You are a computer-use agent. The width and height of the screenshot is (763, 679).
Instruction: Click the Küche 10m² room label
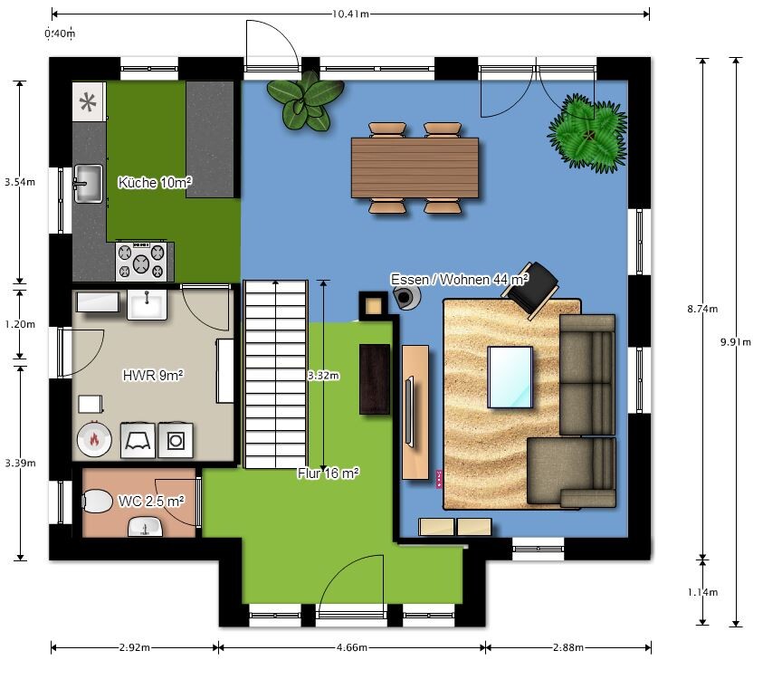click(x=155, y=183)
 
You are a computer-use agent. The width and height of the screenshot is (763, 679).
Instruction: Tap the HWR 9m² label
click(x=153, y=376)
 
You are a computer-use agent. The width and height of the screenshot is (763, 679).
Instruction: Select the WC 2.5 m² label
click(x=151, y=501)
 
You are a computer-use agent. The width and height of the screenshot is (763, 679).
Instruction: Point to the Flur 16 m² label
click(x=329, y=473)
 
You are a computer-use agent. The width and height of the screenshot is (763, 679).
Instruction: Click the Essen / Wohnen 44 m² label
click(x=460, y=280)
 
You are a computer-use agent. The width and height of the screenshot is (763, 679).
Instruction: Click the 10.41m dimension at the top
click(x=350, y=14)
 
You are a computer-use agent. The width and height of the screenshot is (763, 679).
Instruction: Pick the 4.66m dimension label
click(x=352, y=647)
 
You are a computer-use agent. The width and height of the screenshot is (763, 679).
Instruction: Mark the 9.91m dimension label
click(x=735, y=341)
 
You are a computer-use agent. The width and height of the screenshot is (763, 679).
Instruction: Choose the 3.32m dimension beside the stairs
click(x=324, y=376)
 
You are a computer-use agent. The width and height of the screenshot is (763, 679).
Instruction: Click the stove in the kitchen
click(x=141, y=261)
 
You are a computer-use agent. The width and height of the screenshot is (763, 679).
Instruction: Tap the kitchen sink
click(x=88, y=184)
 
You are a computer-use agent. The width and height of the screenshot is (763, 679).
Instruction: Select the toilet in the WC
click(x=98, y=501)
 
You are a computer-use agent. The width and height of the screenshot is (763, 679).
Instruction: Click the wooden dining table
click(x=415, y=167)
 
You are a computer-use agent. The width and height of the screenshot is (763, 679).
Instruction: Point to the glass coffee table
click(x=510, y=377)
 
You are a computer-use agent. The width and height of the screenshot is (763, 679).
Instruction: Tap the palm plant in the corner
click(x=589, y=134)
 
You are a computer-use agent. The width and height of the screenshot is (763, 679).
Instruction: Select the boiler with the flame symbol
click(x=94, y=439)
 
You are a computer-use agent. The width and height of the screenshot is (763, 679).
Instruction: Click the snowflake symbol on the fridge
click(x=88, y=102)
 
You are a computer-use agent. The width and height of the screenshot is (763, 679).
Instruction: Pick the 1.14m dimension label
click(x=702, y=592)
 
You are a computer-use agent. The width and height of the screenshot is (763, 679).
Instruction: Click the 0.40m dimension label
click(x=60, y=33)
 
